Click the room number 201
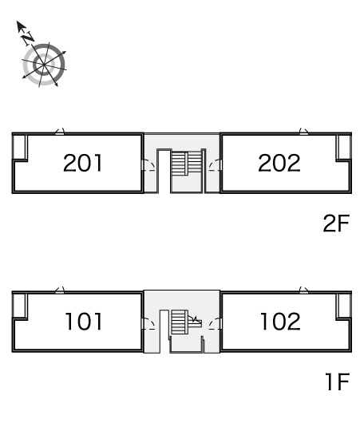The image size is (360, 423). point(82,163)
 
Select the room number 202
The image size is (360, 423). point(279,163)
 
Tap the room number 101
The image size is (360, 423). point(84,322)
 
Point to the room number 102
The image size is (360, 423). point(280,322)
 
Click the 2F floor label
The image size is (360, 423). point(336,223)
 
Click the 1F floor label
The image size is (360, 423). point(338,381)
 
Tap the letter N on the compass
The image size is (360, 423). point(28,38)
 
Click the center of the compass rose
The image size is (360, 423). point(44,65)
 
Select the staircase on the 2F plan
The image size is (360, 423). point(187,164)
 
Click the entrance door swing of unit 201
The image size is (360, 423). point(148,165)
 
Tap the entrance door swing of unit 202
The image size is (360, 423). point(215,165)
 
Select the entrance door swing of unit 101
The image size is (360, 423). point(148,323)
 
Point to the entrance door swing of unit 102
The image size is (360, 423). point(215,323)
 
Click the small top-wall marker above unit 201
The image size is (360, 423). point(60,132)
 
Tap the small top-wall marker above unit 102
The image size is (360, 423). point(304,290)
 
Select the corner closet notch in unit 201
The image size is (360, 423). point(20,148)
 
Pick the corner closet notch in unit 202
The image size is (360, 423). point(343,148)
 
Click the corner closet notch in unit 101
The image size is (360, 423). point(20,306)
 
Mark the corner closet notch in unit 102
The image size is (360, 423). point(343,306)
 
